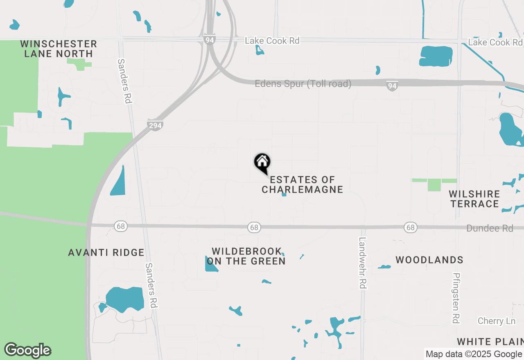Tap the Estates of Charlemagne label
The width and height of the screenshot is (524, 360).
pos(303,184)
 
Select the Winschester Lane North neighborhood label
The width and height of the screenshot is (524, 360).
pos(59,49)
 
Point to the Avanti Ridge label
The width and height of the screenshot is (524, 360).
pos(106,253)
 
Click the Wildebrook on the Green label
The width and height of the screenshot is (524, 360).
pos(246,256)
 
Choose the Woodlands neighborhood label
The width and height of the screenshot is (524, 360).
pos(429,260)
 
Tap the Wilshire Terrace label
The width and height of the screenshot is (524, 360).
pos(474,199)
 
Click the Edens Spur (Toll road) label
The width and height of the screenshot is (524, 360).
pos(303,84)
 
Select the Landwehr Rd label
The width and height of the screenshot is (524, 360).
pos(362,263)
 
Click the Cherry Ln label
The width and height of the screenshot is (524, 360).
pos(497,321)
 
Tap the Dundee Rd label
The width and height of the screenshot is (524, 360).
pos(490,228)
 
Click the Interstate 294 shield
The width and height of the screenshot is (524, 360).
pos(155,125)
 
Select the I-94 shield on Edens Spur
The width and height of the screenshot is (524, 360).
pos(392,85)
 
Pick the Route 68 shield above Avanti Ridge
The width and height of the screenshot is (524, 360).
pos(120,226)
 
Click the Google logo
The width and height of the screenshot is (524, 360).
pos(28,350)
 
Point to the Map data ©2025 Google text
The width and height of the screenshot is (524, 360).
pos(474,354)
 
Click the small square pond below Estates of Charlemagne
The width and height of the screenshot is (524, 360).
pos(284,194)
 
